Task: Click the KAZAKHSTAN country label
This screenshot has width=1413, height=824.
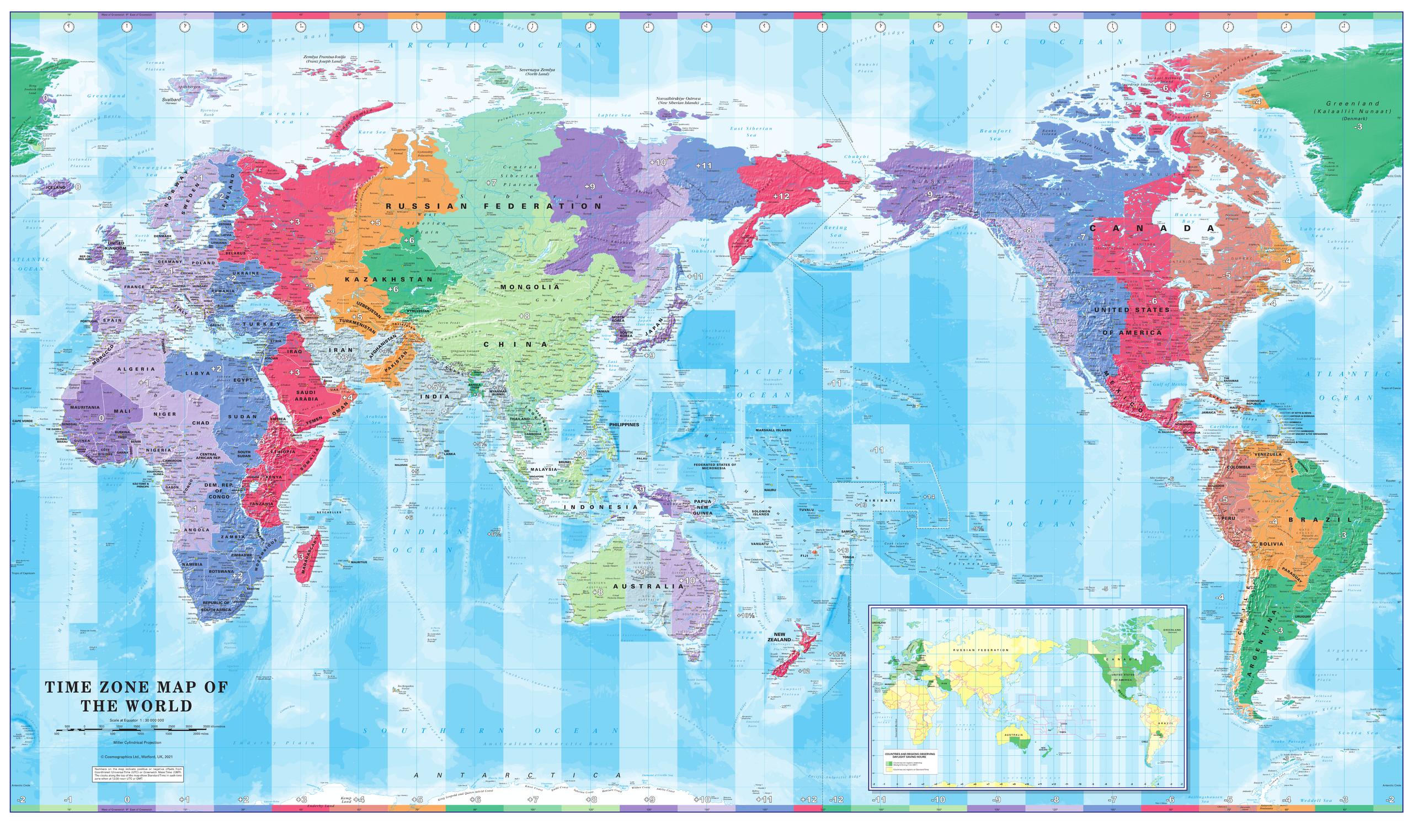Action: [388, 279]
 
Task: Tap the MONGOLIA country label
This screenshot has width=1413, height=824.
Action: [530, 286]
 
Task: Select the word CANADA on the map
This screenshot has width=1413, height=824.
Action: [1152, 228]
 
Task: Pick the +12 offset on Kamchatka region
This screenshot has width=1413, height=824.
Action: [781, 196]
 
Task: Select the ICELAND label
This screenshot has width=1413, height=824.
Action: [56, 186]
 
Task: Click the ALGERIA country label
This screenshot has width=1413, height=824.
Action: [136, 369]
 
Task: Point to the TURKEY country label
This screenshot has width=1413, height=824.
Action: [262, 324]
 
